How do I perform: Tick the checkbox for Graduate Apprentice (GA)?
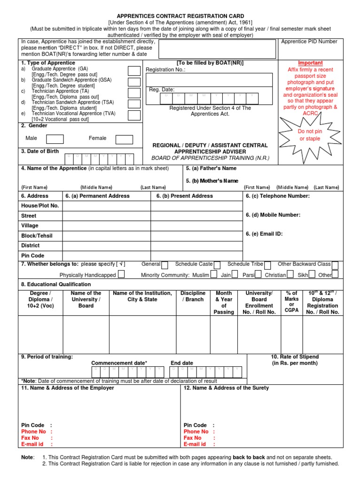(134, 71)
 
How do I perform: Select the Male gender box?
(55, 139)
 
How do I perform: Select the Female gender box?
(124, 139)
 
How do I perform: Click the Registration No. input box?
(209, 79)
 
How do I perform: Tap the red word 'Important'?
(311, 63)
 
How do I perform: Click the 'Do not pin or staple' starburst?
(310, 135)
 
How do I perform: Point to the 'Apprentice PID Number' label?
(309, 41)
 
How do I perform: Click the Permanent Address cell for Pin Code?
(106, 256)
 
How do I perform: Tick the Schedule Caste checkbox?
(219, 265)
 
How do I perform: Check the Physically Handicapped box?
(121, 274)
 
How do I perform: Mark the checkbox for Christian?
(290, 274)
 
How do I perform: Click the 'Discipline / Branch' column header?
(193, 296)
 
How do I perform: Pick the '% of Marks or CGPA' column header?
(291, 302)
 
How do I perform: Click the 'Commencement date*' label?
(119, 363)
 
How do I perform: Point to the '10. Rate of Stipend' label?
(295, 357)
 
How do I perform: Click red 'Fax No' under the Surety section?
(192, 438)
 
